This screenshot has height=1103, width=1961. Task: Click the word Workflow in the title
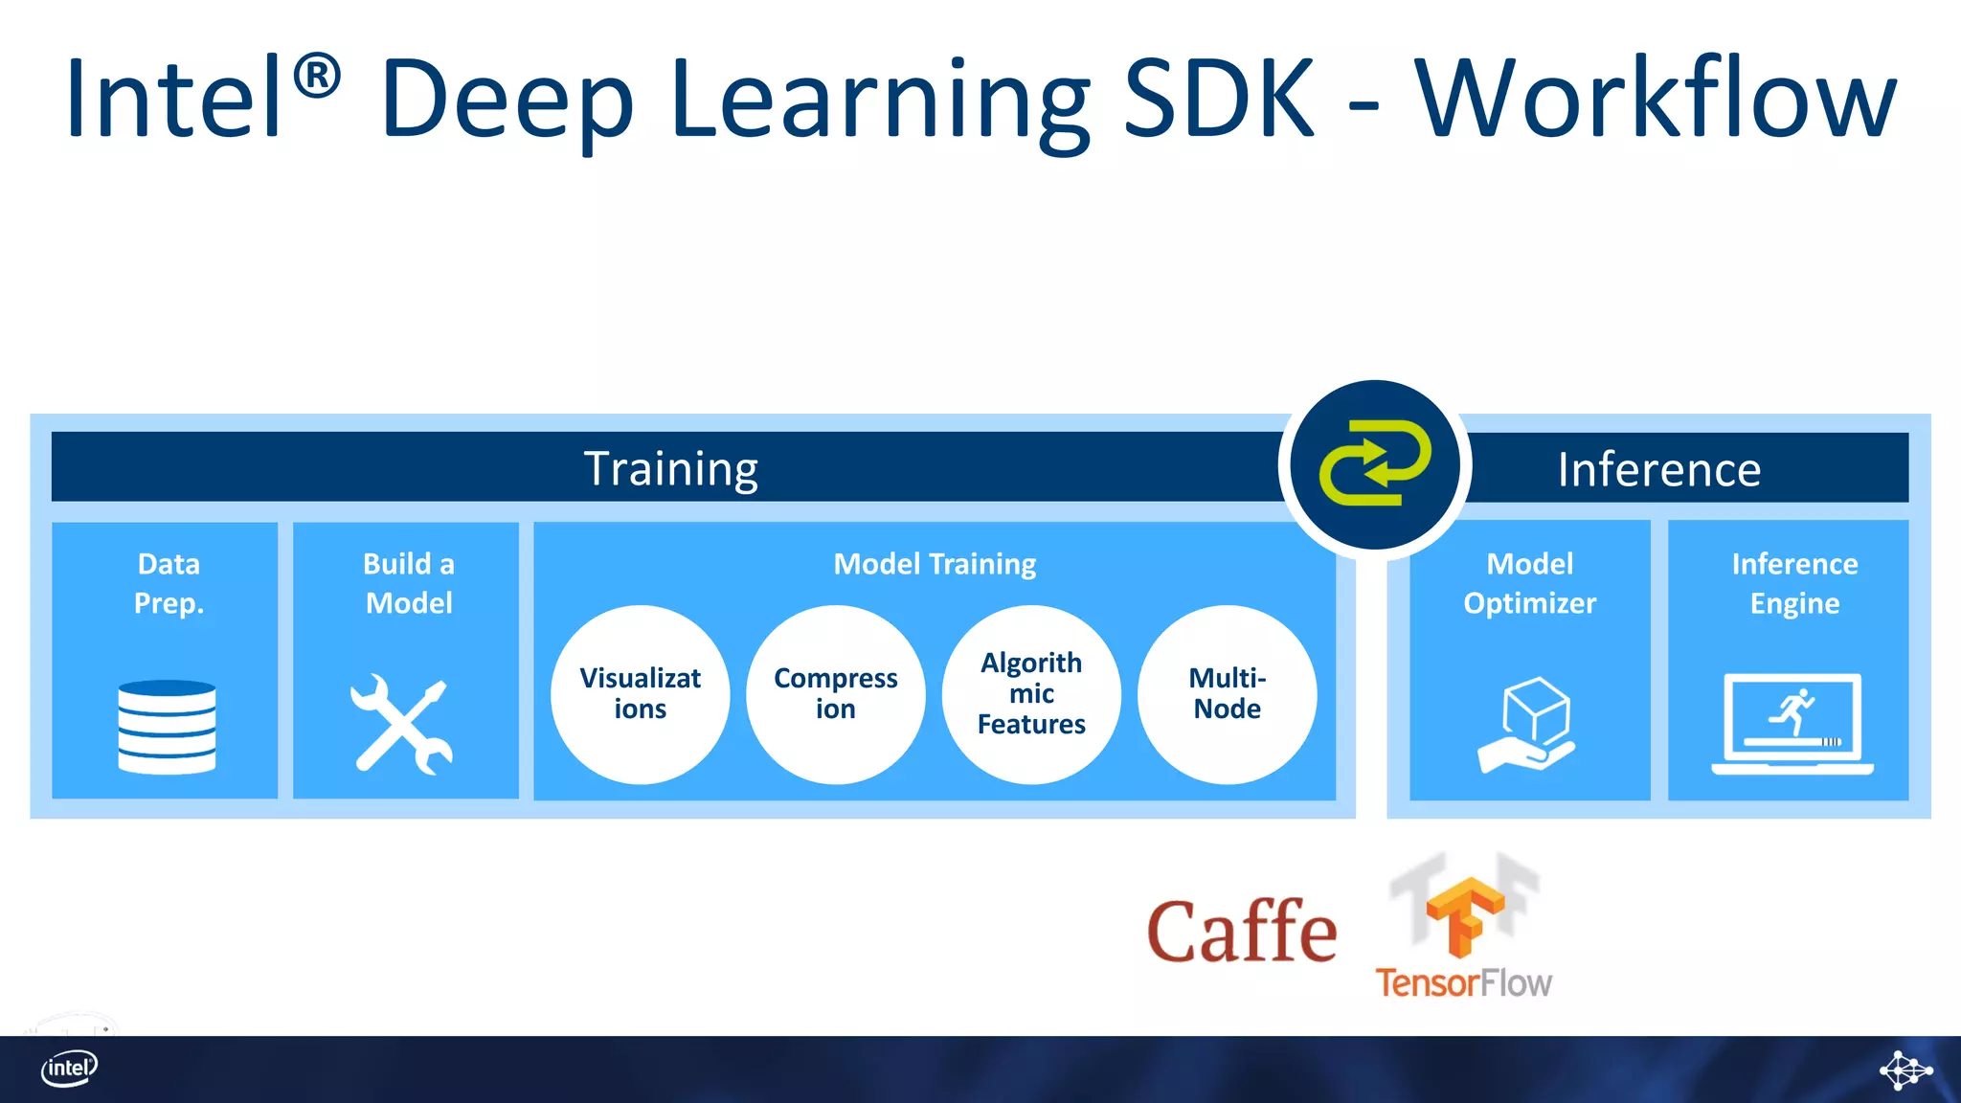pyautogui.click(x=1655, y=99)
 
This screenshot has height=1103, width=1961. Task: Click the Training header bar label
pyautogui.click(x=671, y=468)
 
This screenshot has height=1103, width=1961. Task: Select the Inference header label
pyautogui.click(x=1658, y=469)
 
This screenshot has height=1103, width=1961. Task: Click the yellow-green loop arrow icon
pyautogui.click(x=1375, y=462)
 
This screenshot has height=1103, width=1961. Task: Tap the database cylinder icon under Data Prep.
pyautogui.click(x=167, y=727)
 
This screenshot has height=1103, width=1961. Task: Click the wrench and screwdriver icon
pyautogui.click(x=402, y=724)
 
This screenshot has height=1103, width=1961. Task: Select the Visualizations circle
pyautogui.click(x=640, y=694)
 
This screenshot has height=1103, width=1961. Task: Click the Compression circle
pyautogui.click(x=835, y=694)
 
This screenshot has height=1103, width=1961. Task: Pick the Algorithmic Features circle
pyautogui.click(x=1031, y=694)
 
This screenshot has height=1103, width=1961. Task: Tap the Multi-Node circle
pyautogui.click(x=1227, y=694)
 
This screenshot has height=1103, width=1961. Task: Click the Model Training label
pyautogui.click(x=935, y=564)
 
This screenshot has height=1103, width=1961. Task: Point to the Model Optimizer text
pyautogui.click(x=1529, y=583)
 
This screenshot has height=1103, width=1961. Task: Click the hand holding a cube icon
pyautogui.click(x=1528, y=725)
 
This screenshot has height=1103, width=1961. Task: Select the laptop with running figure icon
pyautogui.click(x=1792, y=725)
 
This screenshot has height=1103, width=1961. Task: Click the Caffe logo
pyautogui.click(x=1242, y=932)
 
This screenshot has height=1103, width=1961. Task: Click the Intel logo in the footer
pyautogui.click(x=69, y=1068)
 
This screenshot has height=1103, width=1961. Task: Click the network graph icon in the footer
pyautogui.click(x=1905, y=1069)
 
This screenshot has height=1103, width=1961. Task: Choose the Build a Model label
pyautogui.click(x=409, y=583)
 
